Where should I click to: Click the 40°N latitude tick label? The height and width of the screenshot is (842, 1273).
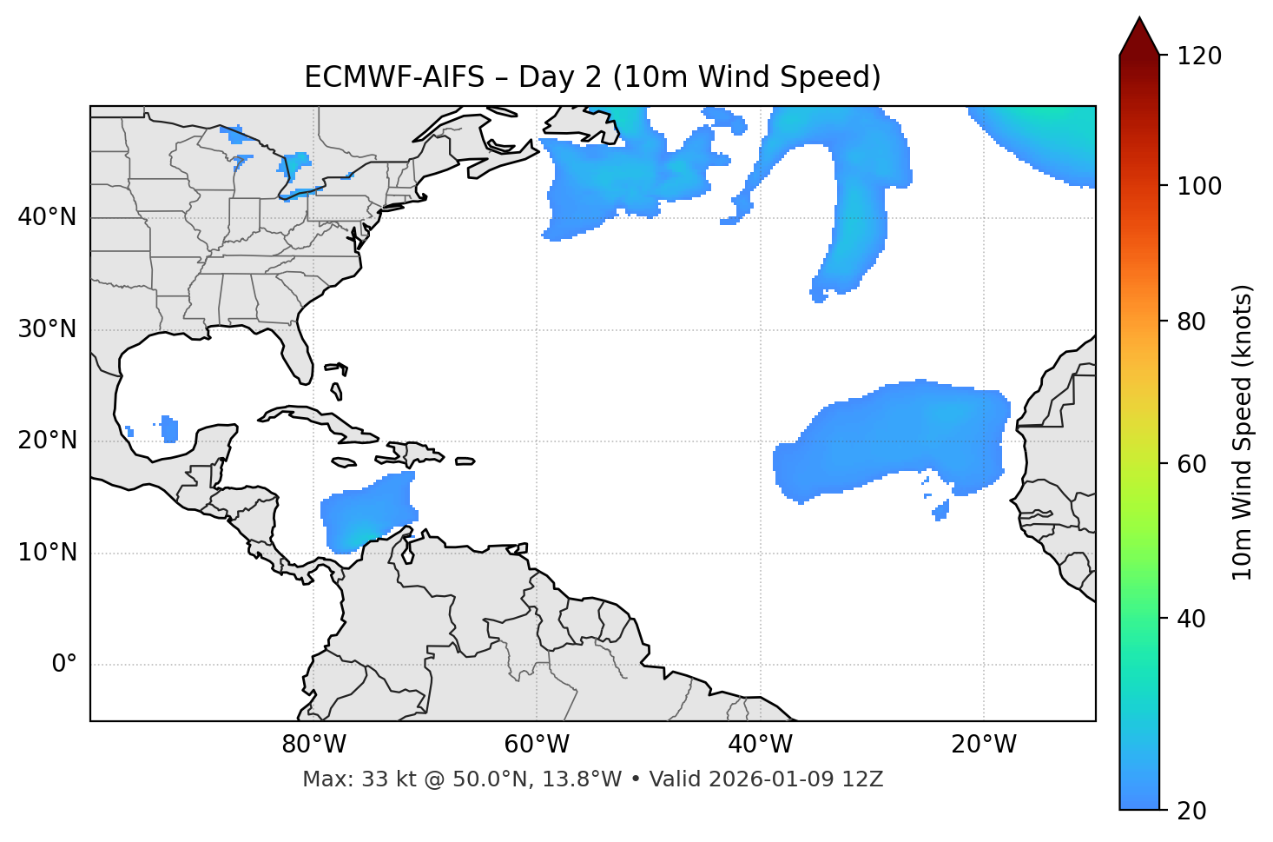tap(47, 217)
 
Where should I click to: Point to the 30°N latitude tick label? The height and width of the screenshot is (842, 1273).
tap(47, 329)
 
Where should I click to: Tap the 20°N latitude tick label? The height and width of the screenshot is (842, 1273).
tap(47, 441)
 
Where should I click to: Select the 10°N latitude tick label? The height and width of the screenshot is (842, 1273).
tap(47, 553)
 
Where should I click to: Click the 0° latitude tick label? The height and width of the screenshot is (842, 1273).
tap(64, 665)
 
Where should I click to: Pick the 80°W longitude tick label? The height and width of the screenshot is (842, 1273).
tap(313, 745)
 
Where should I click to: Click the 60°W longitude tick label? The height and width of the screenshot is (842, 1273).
tap(537, 745)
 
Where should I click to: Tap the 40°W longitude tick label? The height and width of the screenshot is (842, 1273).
tap(760, 745)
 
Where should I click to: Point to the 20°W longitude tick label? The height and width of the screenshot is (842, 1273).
tap(984, 745)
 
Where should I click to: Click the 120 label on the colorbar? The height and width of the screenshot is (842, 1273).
tap(1199, 56)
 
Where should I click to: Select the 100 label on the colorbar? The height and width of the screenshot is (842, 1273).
tap(1199, 186)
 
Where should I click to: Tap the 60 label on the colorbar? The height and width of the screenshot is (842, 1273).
tap(1192, 464)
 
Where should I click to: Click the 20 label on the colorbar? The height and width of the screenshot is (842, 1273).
tap(1192, 811)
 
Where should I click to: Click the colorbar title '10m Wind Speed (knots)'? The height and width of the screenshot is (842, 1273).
tap(1243, 433)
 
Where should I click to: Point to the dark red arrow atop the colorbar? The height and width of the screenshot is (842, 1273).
tap(1138, 36)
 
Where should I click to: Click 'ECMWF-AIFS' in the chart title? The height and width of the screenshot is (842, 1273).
tap(394, 77)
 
